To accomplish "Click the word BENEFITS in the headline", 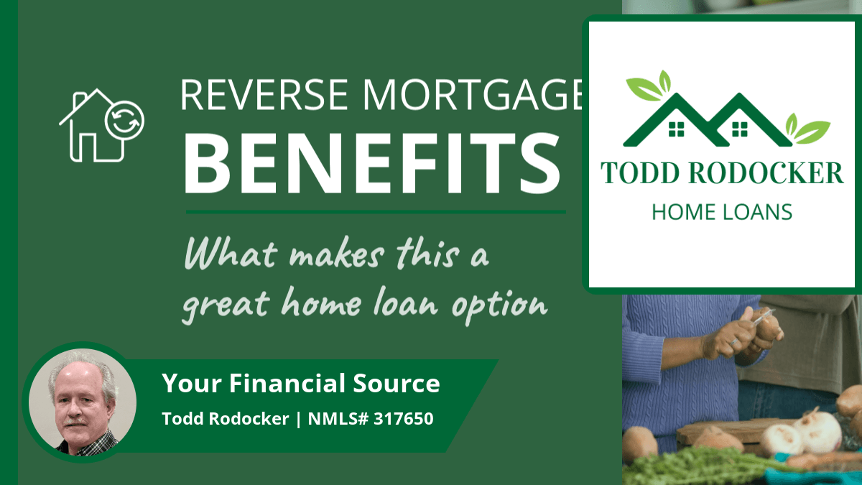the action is pos(372,163).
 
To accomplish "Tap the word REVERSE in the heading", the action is pos(264,94).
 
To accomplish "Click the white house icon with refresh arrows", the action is pos(101,125).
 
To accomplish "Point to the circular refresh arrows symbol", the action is pos(124,121).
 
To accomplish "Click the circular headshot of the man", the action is pos(83,402).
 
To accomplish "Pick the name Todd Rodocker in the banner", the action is pos(226,419).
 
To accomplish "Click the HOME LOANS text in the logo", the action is pos(722,212).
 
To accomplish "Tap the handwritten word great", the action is pos(226,305).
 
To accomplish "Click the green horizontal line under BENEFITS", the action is pos(376,212).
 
